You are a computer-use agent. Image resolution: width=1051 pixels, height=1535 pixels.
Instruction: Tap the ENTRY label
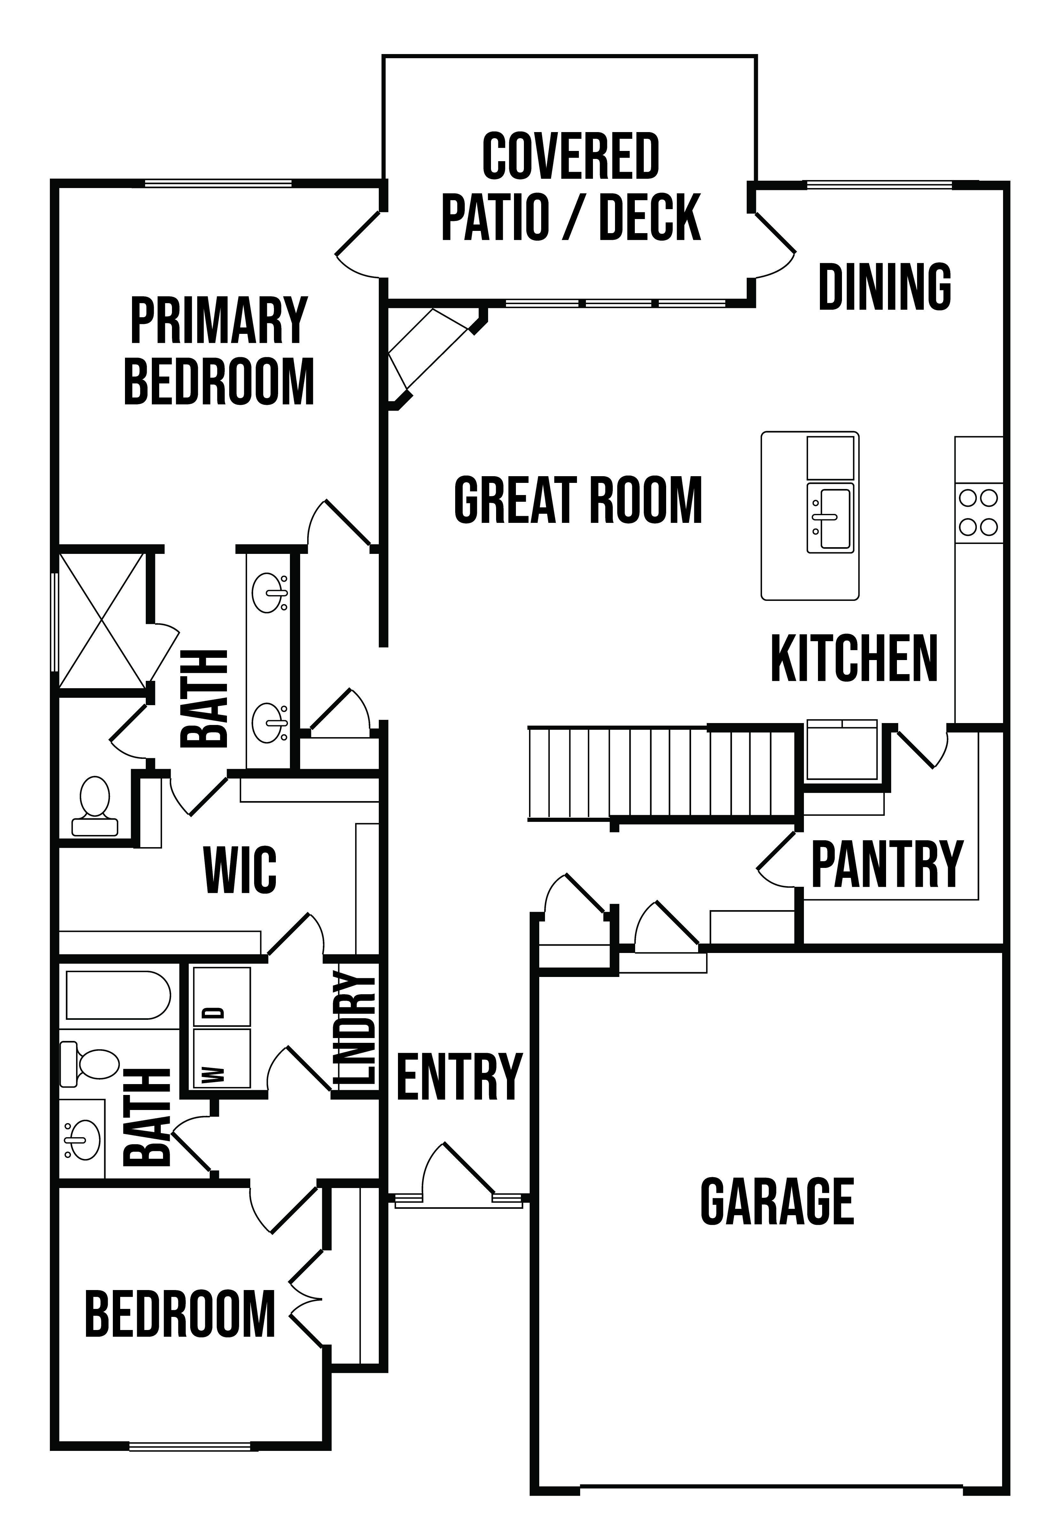coord(459,1077)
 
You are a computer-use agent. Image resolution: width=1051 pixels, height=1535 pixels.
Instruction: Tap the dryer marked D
coord(221,997)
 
